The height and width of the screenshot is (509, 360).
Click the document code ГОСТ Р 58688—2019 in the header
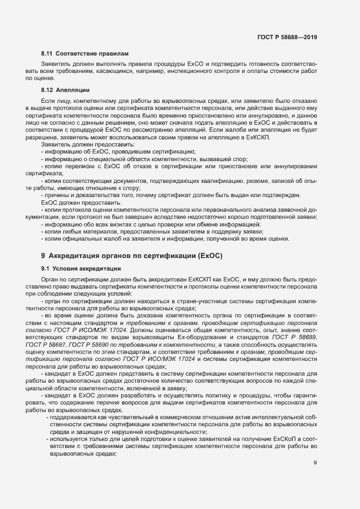click(x=287, y=37)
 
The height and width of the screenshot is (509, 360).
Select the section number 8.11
click(x=47, y=54)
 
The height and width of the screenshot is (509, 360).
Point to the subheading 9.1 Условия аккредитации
click(x=77, y=268)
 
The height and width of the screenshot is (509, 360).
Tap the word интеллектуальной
click(x=260, y=415)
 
